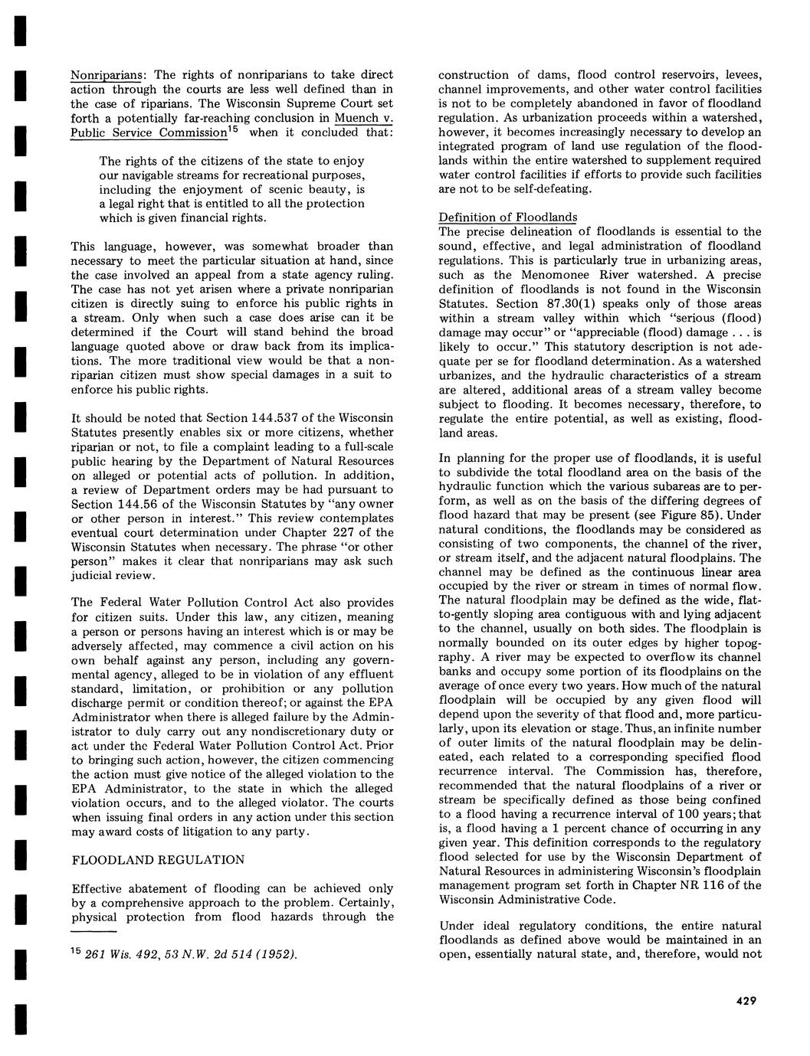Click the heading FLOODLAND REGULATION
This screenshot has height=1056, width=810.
pyautogui.click(x=159, y=860)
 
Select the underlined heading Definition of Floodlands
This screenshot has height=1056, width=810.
pyautogui.click(x=507, y=217)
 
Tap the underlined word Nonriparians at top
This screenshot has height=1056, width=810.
pyautogui.click(x=109, y=75)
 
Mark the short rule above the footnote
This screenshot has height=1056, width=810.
pyautogui.click(x=93, y=932)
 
